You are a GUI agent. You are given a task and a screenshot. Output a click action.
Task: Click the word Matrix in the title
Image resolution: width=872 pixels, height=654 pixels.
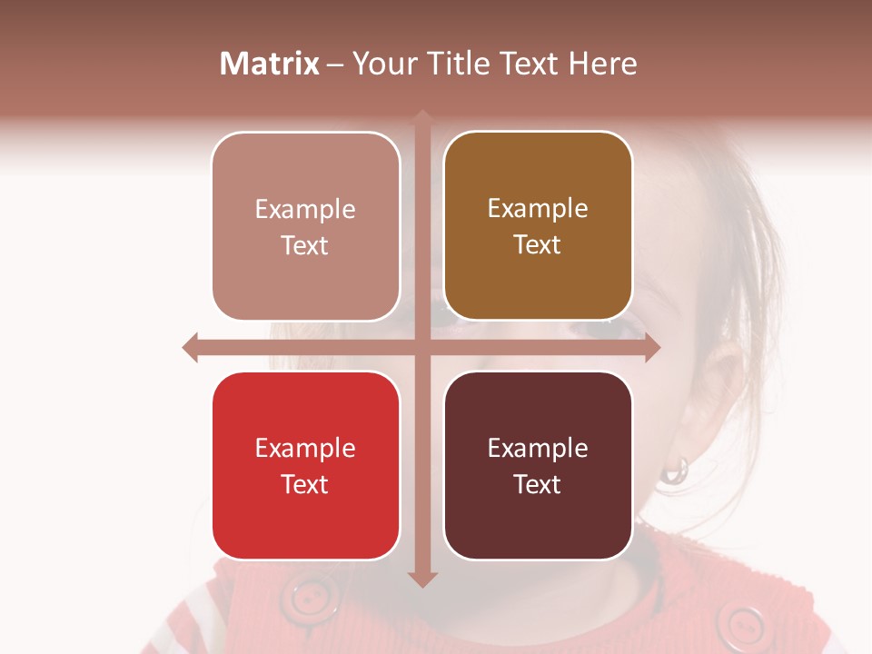[x=270, y=64]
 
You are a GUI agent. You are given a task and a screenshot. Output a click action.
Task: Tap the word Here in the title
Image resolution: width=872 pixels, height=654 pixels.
[x=602, y=64]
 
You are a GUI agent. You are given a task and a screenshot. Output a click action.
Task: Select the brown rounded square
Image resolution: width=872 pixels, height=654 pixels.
[x=538, y=226]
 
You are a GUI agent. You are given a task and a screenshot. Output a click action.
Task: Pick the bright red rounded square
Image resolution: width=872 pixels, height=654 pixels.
[x=305, y=465]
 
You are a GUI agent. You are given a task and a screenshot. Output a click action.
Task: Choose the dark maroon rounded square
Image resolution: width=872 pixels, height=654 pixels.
[x=538, y=465]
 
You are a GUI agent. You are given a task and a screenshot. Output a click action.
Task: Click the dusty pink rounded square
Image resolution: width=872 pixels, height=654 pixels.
[x=305, y=226]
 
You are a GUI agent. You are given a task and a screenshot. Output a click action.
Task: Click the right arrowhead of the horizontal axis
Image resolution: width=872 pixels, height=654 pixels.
[x=651, y=347]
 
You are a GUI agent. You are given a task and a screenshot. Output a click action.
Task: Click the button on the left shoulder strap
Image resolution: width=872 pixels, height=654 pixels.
[x=312, y=598]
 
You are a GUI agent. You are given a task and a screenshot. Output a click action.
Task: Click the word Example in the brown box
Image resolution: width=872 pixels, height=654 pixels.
[x=538, y=209]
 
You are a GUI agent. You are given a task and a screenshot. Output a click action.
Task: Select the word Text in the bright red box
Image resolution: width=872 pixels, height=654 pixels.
[x=305, y=484]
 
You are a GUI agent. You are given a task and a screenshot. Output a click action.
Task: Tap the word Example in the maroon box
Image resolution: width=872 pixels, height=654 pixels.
[x=538, y=448]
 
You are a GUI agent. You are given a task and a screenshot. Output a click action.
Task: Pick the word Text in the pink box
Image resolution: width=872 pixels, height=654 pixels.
[x=305, y=245]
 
